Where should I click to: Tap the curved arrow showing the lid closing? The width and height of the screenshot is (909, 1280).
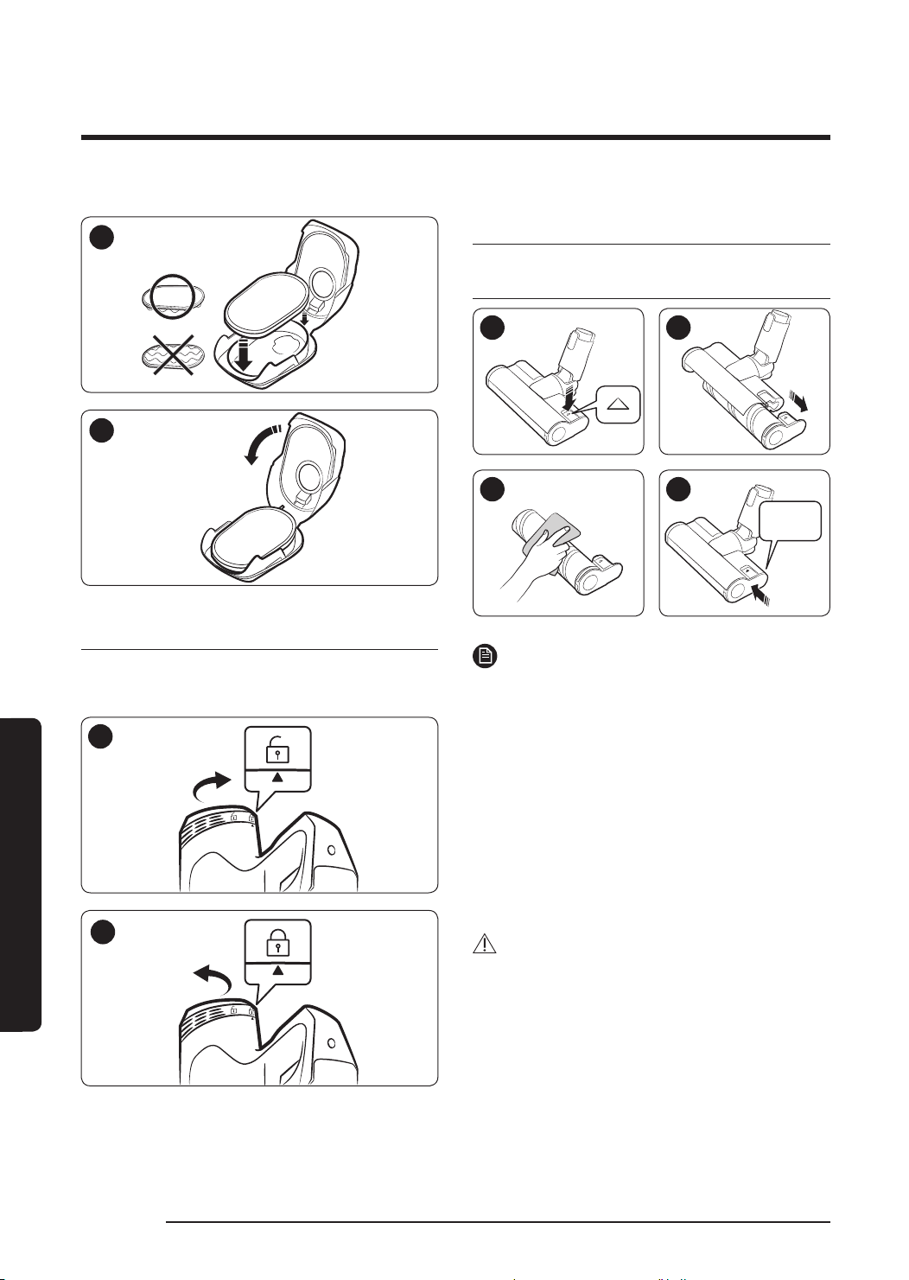point(262,443)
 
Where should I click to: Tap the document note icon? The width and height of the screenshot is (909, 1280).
point(486,657)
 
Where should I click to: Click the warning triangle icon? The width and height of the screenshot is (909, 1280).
point(486,945)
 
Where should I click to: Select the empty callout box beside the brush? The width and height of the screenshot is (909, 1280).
point(790,521)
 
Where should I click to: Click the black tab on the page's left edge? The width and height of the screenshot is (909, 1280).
point(21,874)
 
